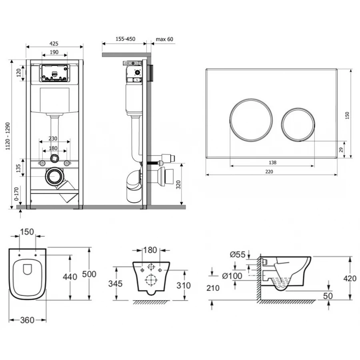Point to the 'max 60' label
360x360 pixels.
point(164,39)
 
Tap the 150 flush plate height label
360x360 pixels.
point(347,115)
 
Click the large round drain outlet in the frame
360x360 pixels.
point(54,177)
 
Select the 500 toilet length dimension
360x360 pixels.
point(89,274)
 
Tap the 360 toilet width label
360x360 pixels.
point(28,320)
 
